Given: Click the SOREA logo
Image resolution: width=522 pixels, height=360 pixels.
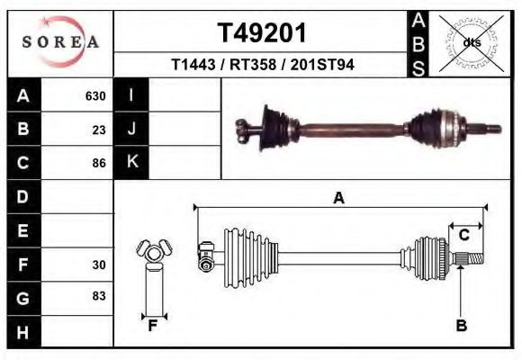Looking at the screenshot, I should tap(59, 41).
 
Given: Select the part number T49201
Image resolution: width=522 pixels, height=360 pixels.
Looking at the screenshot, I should tap(263, 33).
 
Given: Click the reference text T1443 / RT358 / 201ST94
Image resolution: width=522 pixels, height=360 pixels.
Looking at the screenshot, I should tap(263, 66).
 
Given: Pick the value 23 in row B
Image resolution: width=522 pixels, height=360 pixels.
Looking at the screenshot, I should tap(100, 130).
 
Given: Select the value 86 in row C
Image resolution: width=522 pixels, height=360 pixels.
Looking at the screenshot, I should tap(100, 163).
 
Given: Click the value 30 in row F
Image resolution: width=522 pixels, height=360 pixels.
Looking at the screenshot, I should tap(100, 265).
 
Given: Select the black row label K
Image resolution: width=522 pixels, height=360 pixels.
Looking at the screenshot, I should tap(131, 163).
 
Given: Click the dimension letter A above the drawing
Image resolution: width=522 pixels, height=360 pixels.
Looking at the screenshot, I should tap(339, 199).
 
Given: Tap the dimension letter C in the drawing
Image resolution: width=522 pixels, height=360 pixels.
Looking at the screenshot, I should tap(464, 236).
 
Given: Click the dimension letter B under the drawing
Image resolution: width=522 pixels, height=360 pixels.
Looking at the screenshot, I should tap(461, 326).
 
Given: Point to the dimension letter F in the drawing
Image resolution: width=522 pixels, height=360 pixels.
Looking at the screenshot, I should tap(153, 326).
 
